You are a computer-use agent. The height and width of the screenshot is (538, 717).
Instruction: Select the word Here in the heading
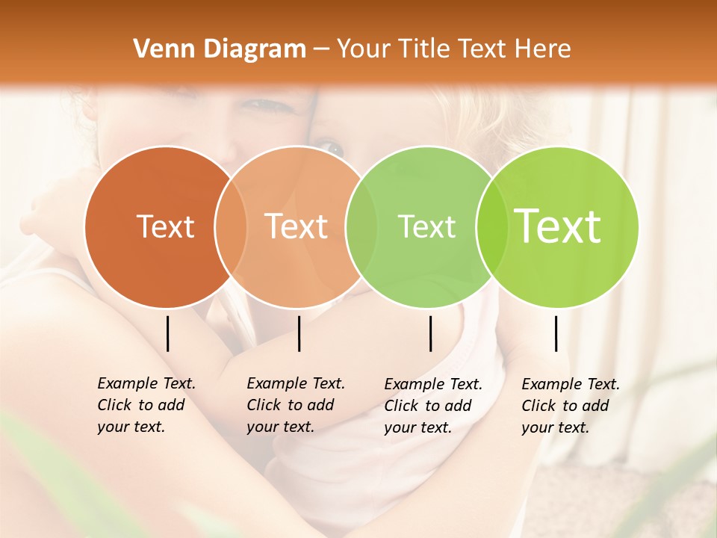click(543, 49)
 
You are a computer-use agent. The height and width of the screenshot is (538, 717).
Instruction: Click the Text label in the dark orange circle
click(165, 227)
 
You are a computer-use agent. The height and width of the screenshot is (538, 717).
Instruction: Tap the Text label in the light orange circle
click(297, 227)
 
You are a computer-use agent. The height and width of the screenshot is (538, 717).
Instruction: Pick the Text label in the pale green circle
click(426, 227)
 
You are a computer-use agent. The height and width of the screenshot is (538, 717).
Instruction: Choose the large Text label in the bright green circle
click(558, 226)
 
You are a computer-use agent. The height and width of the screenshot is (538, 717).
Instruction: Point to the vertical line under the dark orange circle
click(167, 333)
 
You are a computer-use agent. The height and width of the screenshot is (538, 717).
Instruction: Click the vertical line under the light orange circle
click(299, 333)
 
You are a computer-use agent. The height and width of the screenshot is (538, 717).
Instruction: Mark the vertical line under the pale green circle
click(430, 333)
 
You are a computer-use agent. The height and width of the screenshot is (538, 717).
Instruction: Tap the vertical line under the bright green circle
click(556, 333)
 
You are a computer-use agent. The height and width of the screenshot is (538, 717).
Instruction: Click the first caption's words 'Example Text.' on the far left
click(146, 384)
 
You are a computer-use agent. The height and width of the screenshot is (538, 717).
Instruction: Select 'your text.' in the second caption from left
click(280, 427)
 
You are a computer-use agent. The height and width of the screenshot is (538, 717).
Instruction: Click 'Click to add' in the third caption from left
click(428, 406)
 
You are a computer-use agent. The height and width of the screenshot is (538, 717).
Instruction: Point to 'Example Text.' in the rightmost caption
click(571, 384)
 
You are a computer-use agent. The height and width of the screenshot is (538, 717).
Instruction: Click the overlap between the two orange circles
click(231, 227)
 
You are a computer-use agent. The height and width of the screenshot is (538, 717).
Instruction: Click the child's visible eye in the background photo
click(333, 148)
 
